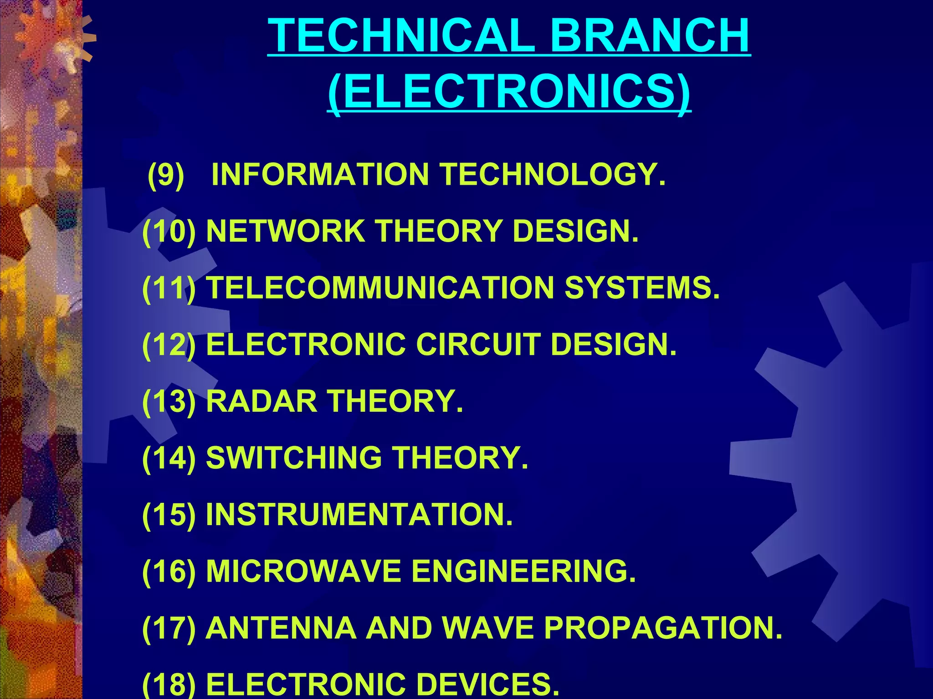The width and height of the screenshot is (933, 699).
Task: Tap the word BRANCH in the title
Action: click(650, 36)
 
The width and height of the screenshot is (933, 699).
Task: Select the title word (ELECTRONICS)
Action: click(509, 91)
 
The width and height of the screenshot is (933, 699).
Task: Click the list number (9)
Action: click(166, 174)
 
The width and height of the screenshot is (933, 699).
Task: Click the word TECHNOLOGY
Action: click(552, 174)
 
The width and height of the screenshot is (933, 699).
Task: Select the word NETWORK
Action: click(286, 231)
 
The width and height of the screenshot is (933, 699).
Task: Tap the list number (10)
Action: click(169, 231)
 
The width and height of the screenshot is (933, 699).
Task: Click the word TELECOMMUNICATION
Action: click(380, 288)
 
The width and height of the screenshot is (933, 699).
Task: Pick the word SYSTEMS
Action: click(642, 288)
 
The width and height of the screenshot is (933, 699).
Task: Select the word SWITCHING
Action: click(294, 458)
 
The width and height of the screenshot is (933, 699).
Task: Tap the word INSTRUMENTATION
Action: click(359, 515)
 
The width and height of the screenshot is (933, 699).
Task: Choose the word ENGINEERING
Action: click(523, 571)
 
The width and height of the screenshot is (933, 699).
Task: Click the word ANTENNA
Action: click(281, 628)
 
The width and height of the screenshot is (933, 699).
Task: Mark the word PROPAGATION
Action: click(663, 628)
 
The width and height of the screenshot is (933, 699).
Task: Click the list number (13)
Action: click(169, 401)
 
